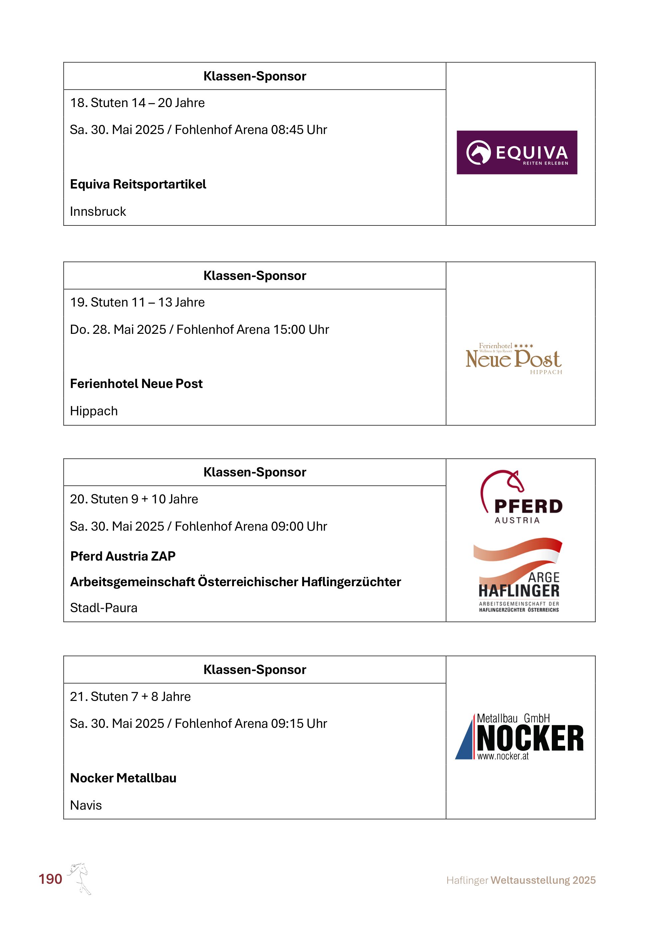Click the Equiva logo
[517, 153]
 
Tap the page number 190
[50, 879]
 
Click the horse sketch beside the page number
[80, 878]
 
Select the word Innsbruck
[98, 212]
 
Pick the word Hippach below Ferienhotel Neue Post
[94, 411]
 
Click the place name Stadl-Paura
[104, 608]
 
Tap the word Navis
[86, 805]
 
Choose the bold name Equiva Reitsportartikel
[138, 184]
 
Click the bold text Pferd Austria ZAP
[122, 556]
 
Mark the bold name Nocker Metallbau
[123, 778]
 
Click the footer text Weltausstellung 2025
[543, 880]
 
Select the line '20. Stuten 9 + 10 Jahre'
[134, 499]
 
